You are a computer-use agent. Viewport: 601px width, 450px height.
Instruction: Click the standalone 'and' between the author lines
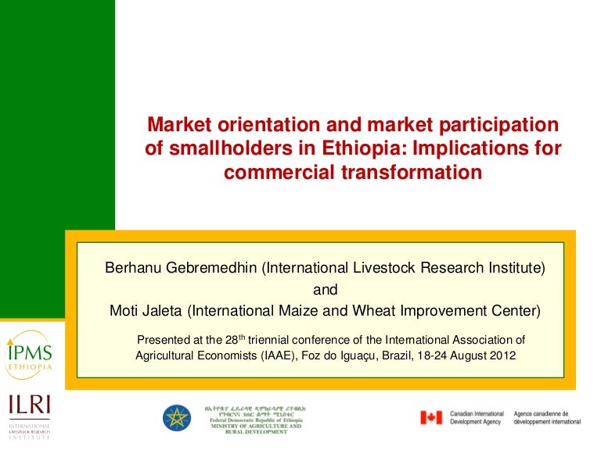tap(325, 290)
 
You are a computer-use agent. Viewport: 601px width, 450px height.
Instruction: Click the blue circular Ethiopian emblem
tap(177, 417)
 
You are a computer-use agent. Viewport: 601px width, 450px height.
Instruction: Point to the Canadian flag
tap(431, 417)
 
